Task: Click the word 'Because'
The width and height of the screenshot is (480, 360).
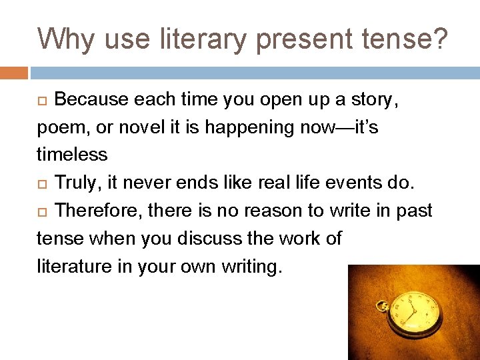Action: click(x=91, y=99)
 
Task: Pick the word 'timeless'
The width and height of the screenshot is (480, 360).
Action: click(x=72, y=155)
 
